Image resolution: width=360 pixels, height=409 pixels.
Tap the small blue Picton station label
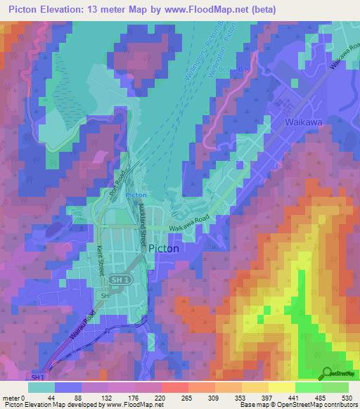click(136, 195)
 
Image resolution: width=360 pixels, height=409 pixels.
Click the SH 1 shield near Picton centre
click(120, 280)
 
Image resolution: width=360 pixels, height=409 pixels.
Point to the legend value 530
click(346, 398)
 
